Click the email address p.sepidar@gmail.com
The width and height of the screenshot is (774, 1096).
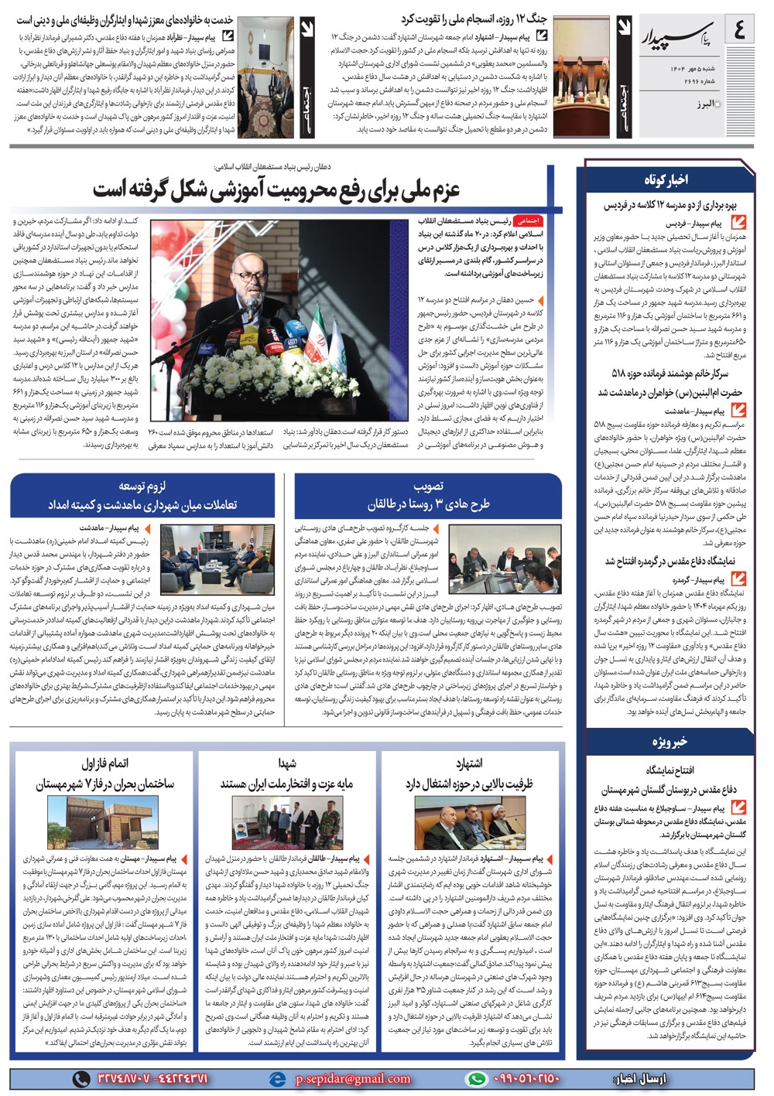coord(353,1078)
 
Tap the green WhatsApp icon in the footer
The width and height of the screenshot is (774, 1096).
coord(478,1078)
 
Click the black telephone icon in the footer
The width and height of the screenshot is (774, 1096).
coord(80,1078)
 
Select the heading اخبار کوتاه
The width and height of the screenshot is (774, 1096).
coord(666,179)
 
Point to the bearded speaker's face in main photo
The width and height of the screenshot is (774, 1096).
coord(251,271)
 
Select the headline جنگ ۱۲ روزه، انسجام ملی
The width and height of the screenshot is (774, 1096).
coord(473,19)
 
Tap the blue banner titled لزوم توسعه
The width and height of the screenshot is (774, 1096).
coord(142,496)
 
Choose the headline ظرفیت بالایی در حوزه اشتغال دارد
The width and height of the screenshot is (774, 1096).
coord(469,783)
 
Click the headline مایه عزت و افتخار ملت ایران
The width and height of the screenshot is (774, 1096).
coord(286,783)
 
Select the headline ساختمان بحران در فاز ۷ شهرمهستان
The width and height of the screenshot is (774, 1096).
coord(105,783)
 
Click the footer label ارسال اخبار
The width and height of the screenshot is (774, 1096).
coord(643,1078)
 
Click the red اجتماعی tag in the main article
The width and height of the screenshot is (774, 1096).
coord(528,220)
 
